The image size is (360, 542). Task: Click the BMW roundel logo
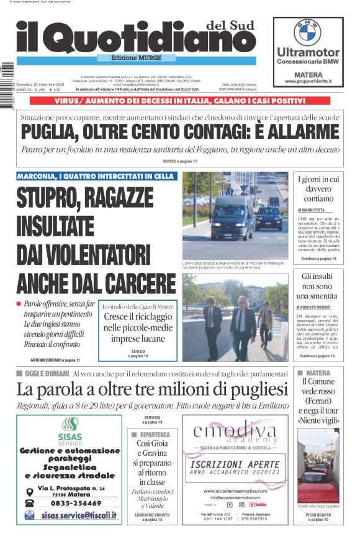[307, 32]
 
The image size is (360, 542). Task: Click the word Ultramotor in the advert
[308, 53]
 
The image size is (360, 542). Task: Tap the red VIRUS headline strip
[180, 100]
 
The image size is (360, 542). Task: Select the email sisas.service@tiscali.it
[76, 515]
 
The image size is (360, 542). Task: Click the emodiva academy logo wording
[235, 433]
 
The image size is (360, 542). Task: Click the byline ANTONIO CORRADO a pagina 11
[55, 360]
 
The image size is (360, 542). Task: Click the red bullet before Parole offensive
[19, 303]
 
